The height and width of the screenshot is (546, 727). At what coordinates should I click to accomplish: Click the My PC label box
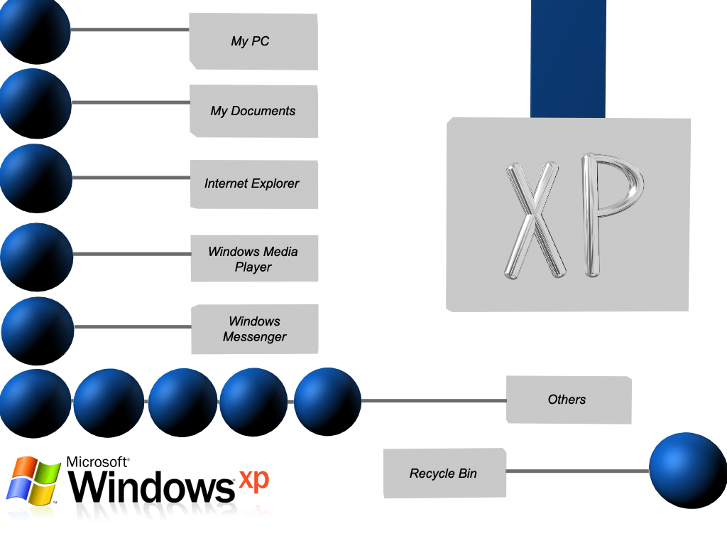click(253, 41)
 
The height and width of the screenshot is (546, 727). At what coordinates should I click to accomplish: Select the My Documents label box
click(253, 111)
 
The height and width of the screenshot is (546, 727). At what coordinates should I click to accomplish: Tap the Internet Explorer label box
click(253, 183)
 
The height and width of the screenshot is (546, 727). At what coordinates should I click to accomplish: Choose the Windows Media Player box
click(253, 259)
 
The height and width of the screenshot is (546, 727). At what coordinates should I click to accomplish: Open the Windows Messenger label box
click(254, 329)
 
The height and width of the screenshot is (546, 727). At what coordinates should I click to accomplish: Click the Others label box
click(568, 400)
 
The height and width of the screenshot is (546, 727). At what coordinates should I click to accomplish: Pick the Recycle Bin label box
click(444, 473)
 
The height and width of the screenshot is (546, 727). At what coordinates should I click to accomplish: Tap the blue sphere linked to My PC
click(34, 30)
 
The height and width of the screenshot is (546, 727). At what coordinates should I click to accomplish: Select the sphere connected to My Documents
click(35, 103)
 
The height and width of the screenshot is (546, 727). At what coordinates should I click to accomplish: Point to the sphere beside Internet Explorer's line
click(35, 178)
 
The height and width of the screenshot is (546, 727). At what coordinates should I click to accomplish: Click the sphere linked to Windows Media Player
click(36, 256)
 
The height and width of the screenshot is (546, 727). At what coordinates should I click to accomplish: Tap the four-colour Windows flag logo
click(33, 480)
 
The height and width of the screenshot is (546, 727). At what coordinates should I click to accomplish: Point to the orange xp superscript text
click(253, 480)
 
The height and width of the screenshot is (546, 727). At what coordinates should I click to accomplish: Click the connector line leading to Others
click(433, 400)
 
